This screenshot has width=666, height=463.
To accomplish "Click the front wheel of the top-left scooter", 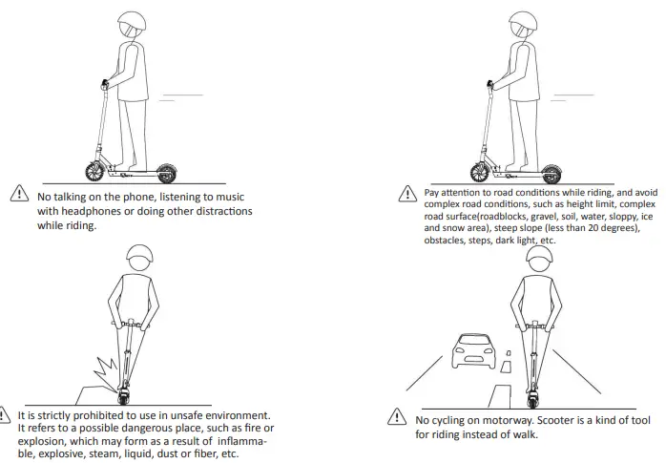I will [x=95, y=171].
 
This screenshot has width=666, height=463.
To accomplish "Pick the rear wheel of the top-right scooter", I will [x=551, y=172].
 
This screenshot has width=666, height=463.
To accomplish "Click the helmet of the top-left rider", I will [x=131, y=25].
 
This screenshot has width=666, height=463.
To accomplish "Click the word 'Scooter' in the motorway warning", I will [x=555, y=419].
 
